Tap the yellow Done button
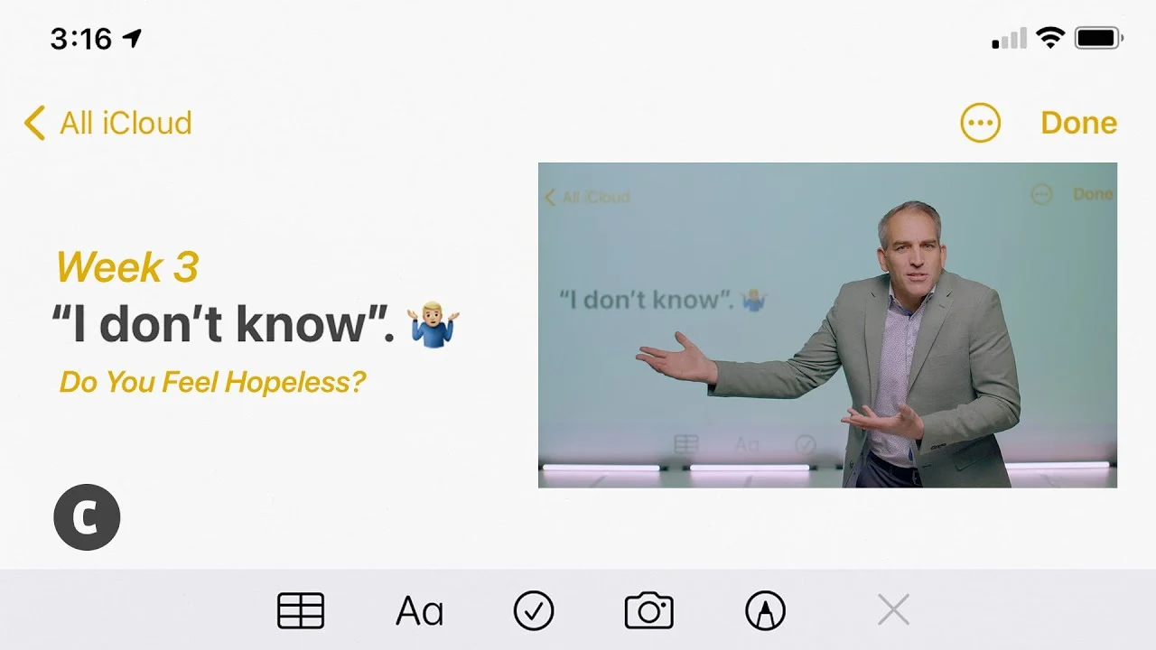click(1078, 123)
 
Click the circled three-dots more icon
click(980, 123)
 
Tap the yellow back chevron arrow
click(34, 123)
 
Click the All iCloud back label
click(126, 123)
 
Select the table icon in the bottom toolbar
click(301, 611)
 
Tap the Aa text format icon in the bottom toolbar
click(419, 611)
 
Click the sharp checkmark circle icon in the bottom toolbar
click(534, 611)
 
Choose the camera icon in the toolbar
click(648, 610)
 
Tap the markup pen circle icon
click(765, 611)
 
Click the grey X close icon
click(893, 609)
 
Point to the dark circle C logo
click(87, 517)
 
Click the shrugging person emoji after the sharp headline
click(433, 324)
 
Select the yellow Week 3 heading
click(127, 266)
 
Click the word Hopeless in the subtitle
click(295, 382)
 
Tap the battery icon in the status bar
click(1099, 38)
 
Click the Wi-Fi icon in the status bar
click(1050, 38)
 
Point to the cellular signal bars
click(1009, 39)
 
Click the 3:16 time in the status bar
click(81, 39)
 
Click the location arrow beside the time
click(132, 38)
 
